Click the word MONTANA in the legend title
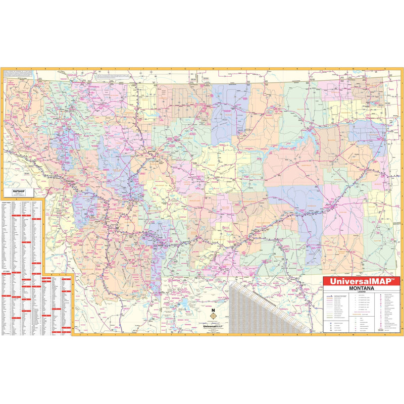pos(361,288)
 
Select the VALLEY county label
pos(298,116)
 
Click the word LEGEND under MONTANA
pos(361,292)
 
